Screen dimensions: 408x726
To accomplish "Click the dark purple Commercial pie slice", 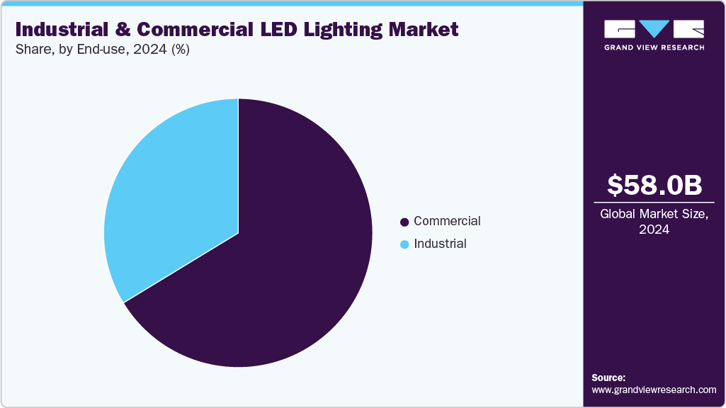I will [283, 269].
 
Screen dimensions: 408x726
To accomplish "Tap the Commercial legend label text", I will [447, 221].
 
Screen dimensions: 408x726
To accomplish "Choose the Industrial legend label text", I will [440, 244].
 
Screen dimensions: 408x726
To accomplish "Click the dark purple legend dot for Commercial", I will [404, 222].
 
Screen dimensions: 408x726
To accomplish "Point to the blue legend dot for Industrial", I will [404, 244].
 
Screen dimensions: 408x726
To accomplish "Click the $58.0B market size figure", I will [654, 185].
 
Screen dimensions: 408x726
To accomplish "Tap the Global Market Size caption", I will [654, 214].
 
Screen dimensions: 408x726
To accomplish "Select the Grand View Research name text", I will [654, 47].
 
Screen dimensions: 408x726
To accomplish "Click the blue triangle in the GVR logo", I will [654, 29].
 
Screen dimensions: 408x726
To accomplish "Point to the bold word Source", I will [608, 378].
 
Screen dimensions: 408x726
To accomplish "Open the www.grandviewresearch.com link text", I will [654, 390].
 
